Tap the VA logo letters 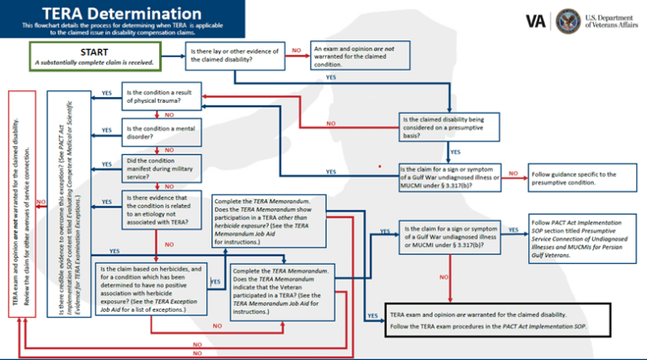tap(534, 20)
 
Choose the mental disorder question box tap(163, 132)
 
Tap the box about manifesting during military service tap(163, 166)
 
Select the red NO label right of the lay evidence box tap(296, 51)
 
